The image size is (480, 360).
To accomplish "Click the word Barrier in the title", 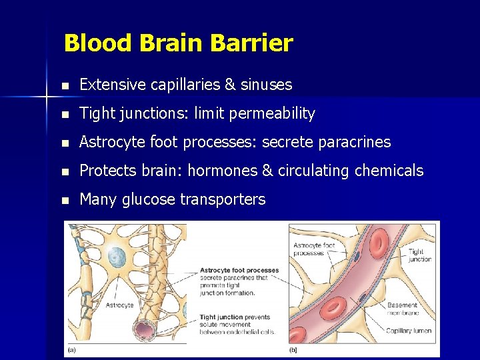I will pyautogui.click(x=251, y=43).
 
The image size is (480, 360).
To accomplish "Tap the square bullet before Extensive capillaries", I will pyautogui.click(x=64, y=85).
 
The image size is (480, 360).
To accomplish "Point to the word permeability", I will pyautogui.click(x=273, y=114).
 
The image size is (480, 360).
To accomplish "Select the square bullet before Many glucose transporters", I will pyautogui.click(x=64, y=200).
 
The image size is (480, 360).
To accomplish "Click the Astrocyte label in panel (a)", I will pyautogui.click(x=120, y=305).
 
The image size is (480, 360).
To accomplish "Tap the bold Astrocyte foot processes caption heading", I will pyautogui.click(x=239, y=271).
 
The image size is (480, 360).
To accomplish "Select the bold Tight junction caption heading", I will pyautogui.click(x=226, y=317).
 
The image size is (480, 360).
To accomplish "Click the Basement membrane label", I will pyautogui.click(x=402, y=309).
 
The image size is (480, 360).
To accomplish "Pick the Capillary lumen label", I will pyautogui.click(x=408, y=331).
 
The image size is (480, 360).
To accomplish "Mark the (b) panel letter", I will pyautogui.click(x=293, y=350).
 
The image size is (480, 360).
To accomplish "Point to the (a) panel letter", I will pyautogui.click(x=71, y=350).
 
